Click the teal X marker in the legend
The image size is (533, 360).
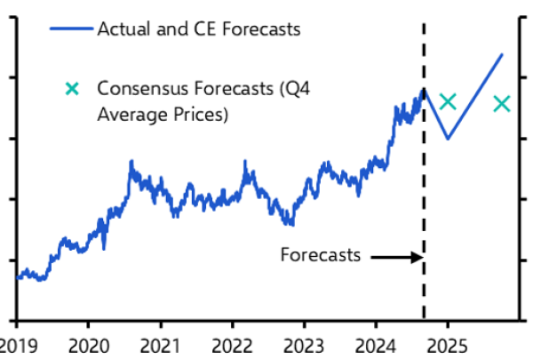point(73,88)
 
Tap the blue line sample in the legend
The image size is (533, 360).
point(68,29)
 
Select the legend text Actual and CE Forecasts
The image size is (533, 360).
point(198,29)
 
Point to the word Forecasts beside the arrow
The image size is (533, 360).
point(321,255)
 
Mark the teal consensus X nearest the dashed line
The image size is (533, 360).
point(448,101)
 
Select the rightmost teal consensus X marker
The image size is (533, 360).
point(502,104)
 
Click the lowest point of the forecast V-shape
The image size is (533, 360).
point(447,139)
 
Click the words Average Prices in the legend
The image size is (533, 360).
point(163,115)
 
